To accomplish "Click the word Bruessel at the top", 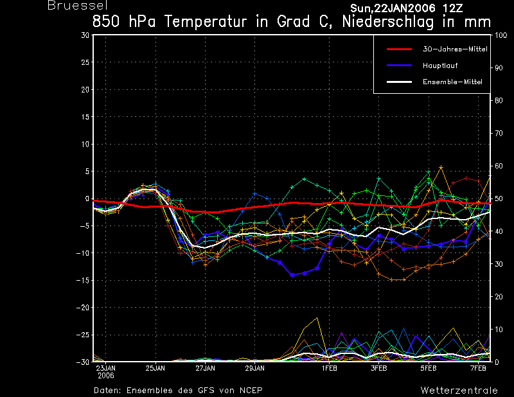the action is click(x=78, y=5).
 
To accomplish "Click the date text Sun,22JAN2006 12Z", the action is click(x=407, y=8).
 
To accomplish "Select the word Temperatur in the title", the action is click(x=205, y=22).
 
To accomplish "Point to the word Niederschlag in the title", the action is click(x=388, y=22).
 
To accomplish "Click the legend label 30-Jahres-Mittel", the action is click(x=455, y=49).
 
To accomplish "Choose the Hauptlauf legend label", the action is click(x=440, y=66).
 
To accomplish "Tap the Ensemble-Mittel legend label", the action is click(x=452, y=82).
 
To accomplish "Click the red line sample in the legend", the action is click(x=399, y=49).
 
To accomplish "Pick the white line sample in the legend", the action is click(x=399, y=82).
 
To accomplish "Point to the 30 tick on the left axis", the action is click(x=85, y=35).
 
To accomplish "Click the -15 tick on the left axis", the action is click(x=83, y=280).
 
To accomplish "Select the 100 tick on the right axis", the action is click(x=501, y=35).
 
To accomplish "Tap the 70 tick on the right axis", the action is click(x=499, y=133).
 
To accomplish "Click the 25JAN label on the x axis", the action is click(x=155, y=368).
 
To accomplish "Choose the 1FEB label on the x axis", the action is click(x=330, y=368).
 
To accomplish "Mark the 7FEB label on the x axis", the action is click(x=478, y=368).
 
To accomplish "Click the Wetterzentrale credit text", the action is click(x=459, y=391).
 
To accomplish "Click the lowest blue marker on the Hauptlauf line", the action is click(x=292, y=275).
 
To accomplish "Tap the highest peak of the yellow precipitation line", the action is click(x=317, y=318).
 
